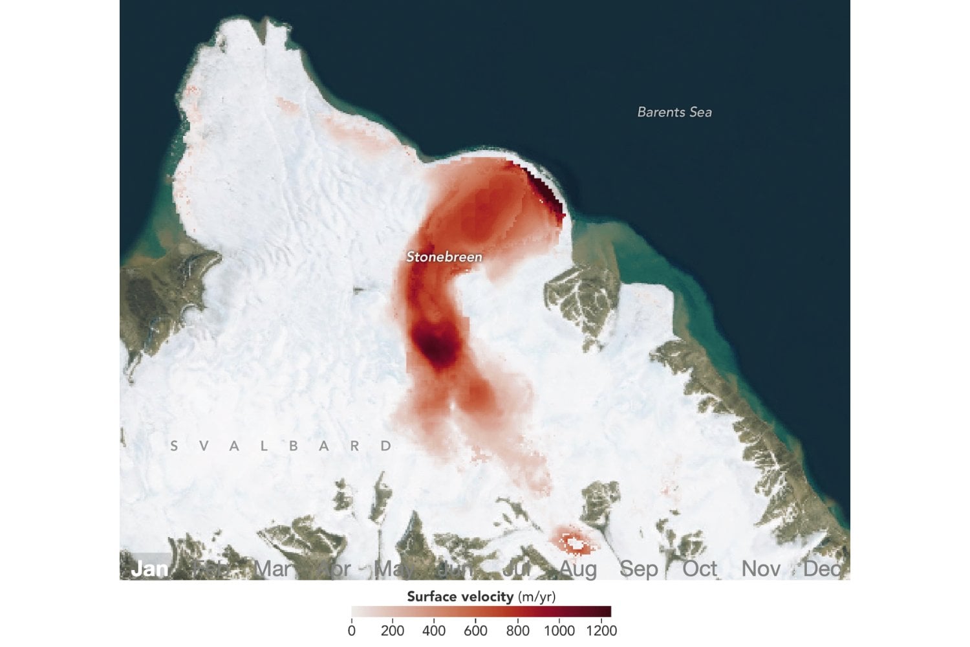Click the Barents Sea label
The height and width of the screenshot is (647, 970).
[x=674, y=112]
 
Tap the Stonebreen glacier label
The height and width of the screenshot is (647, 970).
[x=444, y=257]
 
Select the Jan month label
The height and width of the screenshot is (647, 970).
[x=149, y=569]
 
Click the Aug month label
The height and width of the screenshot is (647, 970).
[x=577, y=569]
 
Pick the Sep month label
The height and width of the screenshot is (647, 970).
[x=638, y=569]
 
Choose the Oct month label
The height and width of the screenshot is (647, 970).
[x=700, y=569]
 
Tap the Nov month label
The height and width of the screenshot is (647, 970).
[x=761, y=569]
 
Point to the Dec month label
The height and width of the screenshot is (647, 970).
[x=822, y=569]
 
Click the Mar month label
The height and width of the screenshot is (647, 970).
[x=272, y=569]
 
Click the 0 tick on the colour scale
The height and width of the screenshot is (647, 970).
[x=352, y=630]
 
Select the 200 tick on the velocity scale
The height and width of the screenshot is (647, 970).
[x=393, y=630]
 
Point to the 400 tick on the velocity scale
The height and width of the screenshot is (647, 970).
[x=434, y=630]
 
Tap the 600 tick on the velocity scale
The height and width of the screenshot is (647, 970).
[x=475, y=630]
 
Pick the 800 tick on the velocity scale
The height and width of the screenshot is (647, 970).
[x=517, y=630]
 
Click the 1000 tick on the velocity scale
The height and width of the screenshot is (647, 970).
[x=559, y=630]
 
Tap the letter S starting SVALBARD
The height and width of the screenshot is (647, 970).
[x=173, y=446]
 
